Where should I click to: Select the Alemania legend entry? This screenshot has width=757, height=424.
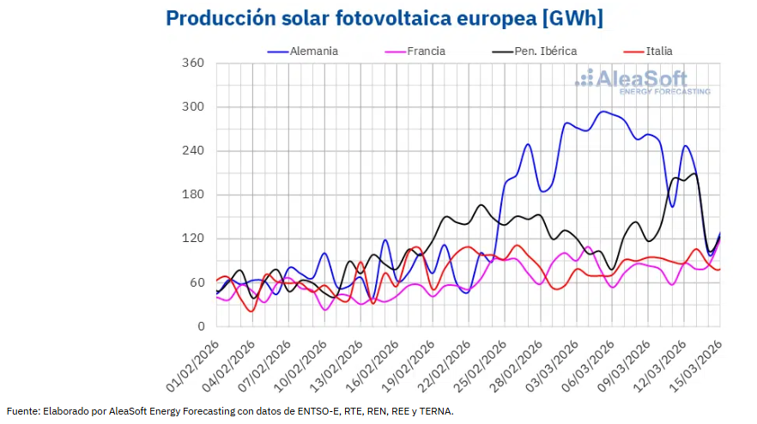pyautogui.click(x=314, y=51)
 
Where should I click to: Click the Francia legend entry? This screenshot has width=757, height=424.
pyautogui.click(x=426, y=51)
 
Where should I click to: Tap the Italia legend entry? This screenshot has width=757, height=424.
pyautogui.click(x=658, y=51)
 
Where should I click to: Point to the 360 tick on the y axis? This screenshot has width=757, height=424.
pyautogui.click(x=193, y=64)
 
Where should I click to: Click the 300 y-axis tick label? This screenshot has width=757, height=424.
pyautogui.click(x=193, y=107)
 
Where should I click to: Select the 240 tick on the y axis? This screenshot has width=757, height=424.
pyautogui.click(x=193, y=151)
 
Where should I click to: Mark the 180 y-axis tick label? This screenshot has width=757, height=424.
pyautogui.click(x=193, y=195)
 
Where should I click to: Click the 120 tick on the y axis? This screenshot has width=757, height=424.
pyautogui.click(x=193, y=239)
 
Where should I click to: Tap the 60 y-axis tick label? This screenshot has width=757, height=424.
pyautogui.click(x=197, y=282)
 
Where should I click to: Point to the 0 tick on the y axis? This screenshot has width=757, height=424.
pyautogui.click(x=200, y=326)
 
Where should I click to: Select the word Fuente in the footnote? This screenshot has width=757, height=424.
pyautogui.click(x=23, y=411)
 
